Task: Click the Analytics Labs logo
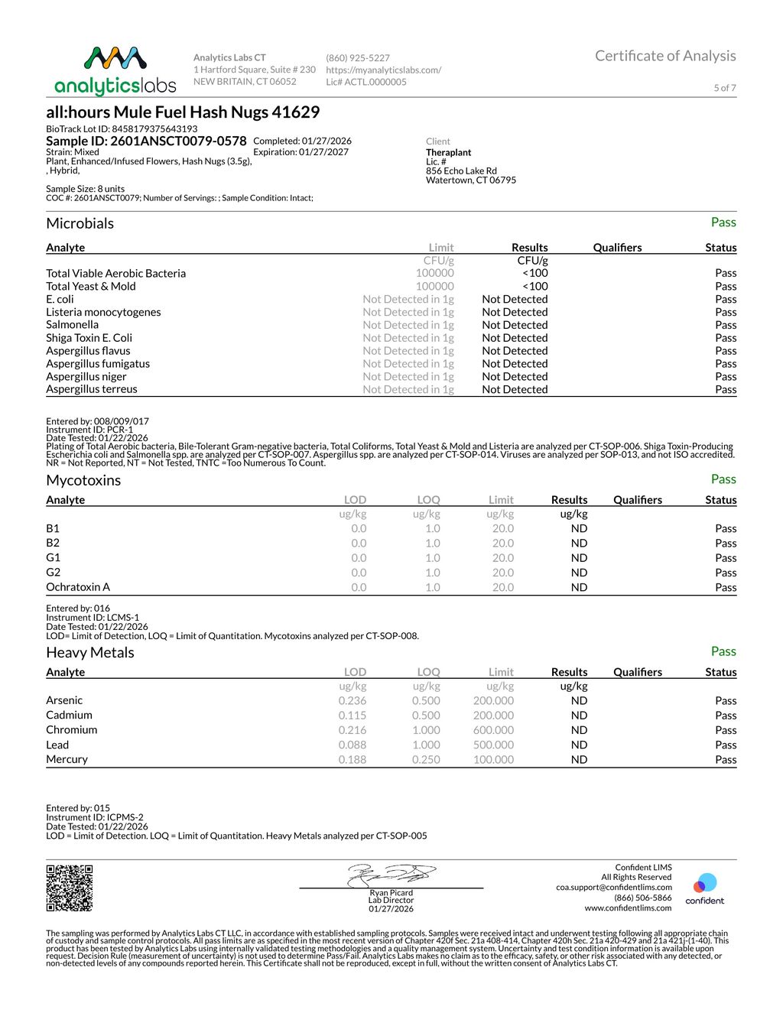tap(115, 70)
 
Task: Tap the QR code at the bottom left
tap(70, 888)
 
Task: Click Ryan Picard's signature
tap(391, 875)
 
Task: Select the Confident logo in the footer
tap(704, 889)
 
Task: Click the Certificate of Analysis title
tap(665, 56)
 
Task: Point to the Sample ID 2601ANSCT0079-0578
tap(146, 141)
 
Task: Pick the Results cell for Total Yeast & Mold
tap(534, 286)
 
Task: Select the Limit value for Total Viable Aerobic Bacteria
tap(434, 273)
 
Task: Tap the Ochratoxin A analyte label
tap(78, 587)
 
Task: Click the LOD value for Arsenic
tap(353, 700)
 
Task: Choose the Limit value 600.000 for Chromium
tap(493, 730)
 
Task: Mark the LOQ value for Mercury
tap(426, 759)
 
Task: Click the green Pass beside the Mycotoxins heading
tap(723, 479)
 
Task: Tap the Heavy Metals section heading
tap(90, 653)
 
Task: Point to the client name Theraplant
tap(449, 152)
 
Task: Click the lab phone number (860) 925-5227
tap(358, 58)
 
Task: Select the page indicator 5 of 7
tap(725, 88)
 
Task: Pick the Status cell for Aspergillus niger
tap(726, 376)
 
